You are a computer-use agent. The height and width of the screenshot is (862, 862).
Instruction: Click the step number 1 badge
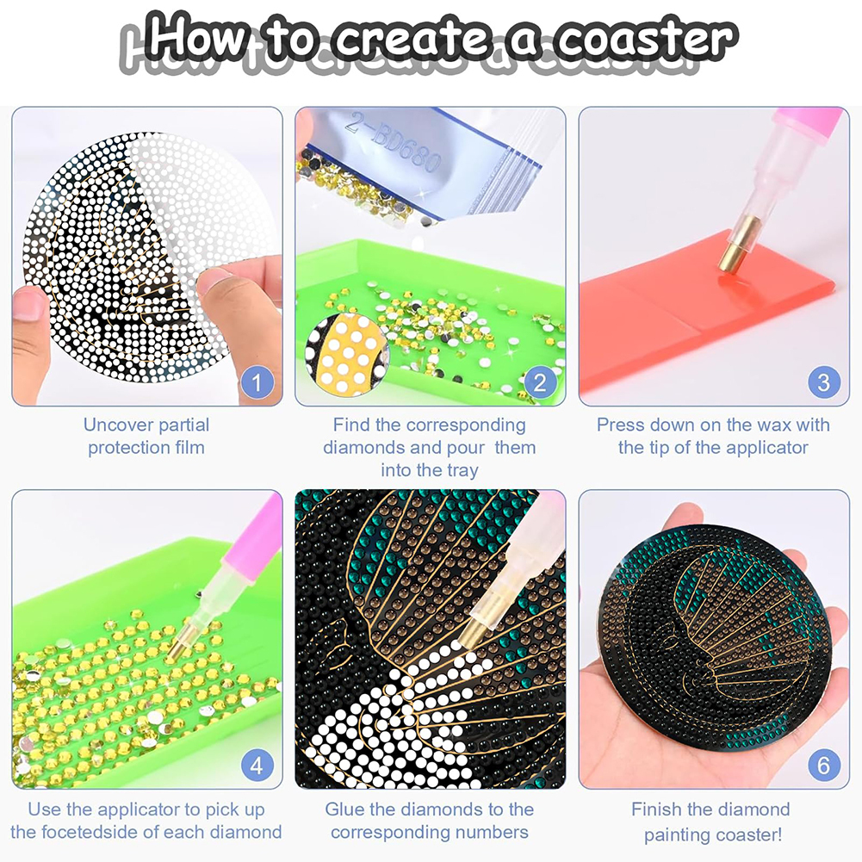(x=257, y=382)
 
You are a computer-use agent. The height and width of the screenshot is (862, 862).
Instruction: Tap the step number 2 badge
(x=541, y=382)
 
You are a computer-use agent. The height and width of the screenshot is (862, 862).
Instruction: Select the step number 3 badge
(x=824, y=382)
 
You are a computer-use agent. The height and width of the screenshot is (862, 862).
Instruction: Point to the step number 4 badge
(x=257, y=765)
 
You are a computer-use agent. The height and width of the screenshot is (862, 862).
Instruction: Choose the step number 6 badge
(x=824, y=765)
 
